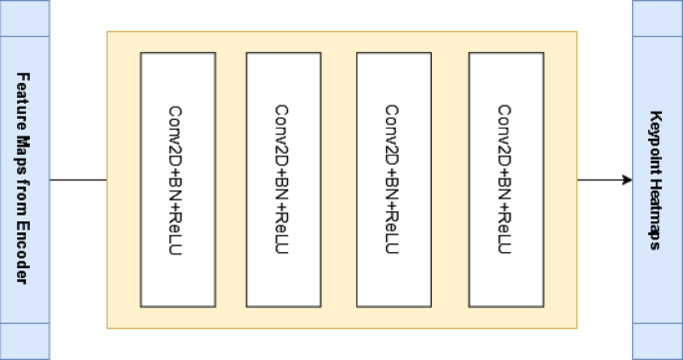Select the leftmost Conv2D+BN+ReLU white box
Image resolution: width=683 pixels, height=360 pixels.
pos(177,180)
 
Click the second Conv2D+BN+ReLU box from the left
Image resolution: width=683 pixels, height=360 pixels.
pos(283,180)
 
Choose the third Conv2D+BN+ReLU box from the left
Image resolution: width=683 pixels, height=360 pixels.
pos(393,180)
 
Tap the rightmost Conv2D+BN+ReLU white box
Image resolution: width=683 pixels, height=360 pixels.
pos(506,180)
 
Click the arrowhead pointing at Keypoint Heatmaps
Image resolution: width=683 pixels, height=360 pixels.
pos(627,180)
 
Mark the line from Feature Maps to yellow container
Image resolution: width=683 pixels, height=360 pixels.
pos(78,180)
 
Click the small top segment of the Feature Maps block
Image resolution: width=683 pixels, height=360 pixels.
pos(24,19)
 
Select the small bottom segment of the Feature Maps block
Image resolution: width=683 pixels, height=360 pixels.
pos(24,340)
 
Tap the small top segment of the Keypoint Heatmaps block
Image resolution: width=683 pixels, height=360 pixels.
pos(656,19)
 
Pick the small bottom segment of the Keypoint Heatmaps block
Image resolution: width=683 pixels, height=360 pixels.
pos(656,340)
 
